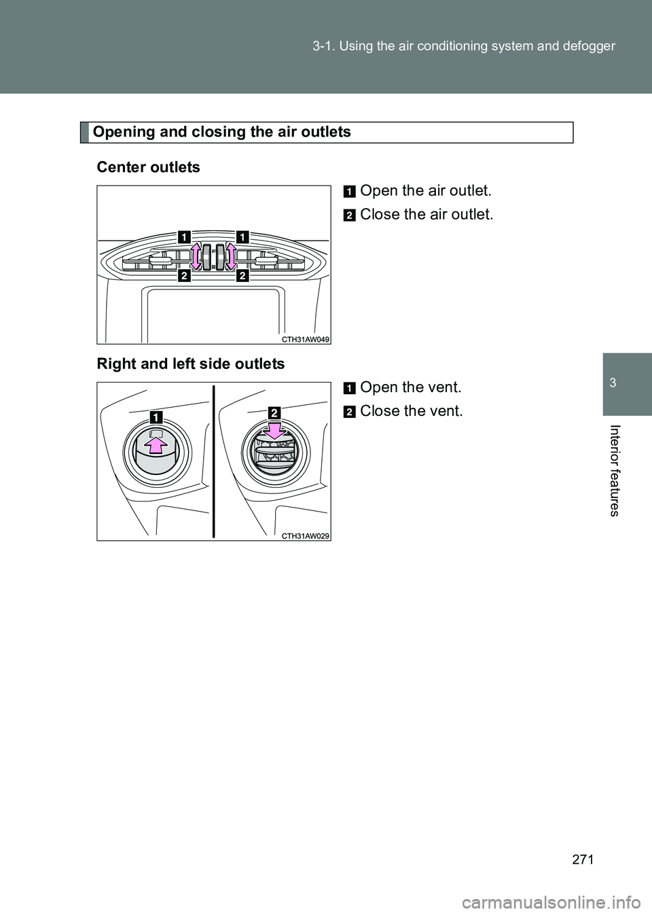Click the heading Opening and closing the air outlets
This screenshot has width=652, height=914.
click(222, 132)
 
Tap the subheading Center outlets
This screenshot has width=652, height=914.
click(149, 167)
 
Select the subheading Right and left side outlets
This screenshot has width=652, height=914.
click(191, 364)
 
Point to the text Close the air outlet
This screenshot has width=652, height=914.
click(427, 214)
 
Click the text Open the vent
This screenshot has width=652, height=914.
click(410, 387)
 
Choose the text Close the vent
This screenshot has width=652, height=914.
click(412, 411)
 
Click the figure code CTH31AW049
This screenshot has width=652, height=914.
click(306, 338)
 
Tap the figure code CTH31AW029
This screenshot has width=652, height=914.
click(306, 535)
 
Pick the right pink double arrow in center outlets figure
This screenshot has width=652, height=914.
click(230, 256)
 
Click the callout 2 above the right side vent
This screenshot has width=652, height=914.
click(274, 412)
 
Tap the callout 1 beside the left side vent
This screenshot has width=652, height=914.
click(156, 416)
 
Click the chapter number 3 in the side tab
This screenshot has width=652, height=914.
click(627, 384)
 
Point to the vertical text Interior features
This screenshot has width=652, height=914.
click(626, 470)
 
